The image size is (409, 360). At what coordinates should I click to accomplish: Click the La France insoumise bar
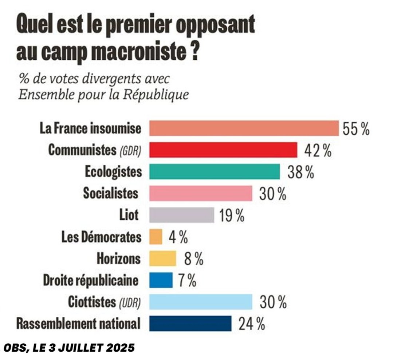[244, 128]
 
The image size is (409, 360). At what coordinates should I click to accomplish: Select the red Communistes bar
[223, 150]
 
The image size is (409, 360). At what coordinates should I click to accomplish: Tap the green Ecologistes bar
[215, 171]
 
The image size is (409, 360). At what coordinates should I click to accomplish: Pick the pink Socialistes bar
[201, 193]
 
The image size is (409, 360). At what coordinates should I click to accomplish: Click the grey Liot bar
[182, 215]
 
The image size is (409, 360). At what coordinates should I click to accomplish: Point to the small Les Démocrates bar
[156, 237]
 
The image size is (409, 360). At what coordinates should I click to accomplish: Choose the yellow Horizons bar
[163, 258]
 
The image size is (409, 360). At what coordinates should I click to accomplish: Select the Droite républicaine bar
[161, 280]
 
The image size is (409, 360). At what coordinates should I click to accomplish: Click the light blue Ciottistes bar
[201, 302]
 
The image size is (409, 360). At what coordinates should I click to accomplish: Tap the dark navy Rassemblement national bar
[190, 323]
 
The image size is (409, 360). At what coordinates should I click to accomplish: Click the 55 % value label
[356, 129]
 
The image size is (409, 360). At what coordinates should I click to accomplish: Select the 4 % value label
[178, 237]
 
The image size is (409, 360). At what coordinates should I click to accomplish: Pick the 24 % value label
[251, 324]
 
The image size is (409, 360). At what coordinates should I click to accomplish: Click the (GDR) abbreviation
[130, 151]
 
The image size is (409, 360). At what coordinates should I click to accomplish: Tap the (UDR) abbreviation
[130, 302]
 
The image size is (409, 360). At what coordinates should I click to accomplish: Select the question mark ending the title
[195, 52]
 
